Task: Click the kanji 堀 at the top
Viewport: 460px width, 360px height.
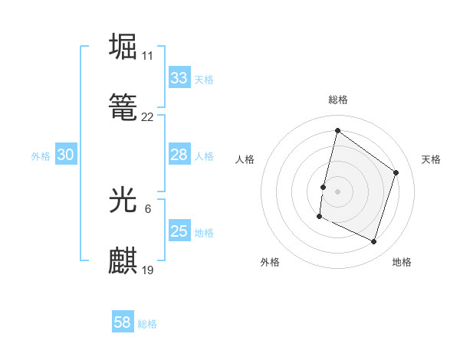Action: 123,47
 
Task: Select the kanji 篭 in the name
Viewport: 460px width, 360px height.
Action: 123,106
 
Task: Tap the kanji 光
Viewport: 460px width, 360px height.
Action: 123,200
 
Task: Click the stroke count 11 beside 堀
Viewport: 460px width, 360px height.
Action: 147,57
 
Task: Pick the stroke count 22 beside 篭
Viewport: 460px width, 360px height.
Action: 147,117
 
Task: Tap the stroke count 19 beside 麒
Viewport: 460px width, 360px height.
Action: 147,270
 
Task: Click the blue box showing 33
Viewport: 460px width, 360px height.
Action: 179,78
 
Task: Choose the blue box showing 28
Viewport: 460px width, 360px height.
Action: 179,155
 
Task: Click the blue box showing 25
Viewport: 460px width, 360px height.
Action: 179,231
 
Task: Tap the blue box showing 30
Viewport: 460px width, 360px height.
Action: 65,155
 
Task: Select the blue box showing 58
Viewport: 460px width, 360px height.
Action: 122,322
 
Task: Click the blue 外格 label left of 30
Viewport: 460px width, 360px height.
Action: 41,155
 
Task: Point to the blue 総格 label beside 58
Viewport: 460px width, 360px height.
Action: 147,324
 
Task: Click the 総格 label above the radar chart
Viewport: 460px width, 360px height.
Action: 337,100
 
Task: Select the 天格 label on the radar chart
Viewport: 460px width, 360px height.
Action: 431,159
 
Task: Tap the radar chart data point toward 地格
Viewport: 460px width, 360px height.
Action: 373,242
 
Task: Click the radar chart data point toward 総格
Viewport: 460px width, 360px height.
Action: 337,130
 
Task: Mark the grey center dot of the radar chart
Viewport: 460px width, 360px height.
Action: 337,190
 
